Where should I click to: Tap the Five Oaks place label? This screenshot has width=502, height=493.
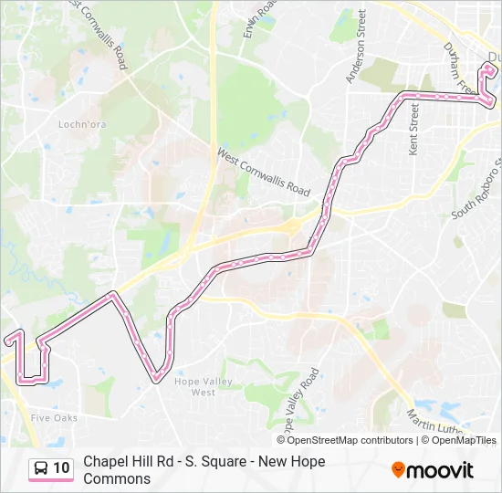pyautogui.click(x=54, y=417)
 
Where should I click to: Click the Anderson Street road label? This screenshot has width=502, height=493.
pyautogui.click(x=355, y=47)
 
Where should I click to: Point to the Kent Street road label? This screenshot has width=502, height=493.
pyautogui.click(x=413, y=129)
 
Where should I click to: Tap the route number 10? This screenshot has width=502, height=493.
pyautogui.click(x=61, y=468)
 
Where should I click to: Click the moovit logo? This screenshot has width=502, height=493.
pyautogui.click(x=433, y=470)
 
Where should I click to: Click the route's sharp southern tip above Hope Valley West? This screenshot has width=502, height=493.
pyautogui.click(x=157, y=376)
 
